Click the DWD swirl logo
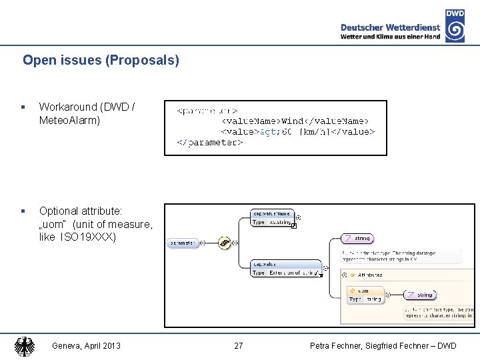tap(455, 31)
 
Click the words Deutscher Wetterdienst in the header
tap(390, 27)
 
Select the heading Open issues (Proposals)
tap(101, 60)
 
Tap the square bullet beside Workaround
tap(23, 107)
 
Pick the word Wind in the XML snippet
tap(293, 121)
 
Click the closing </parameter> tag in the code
tap(209, 142)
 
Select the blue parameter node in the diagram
tap(182, 243)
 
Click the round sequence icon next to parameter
tap(225, 243)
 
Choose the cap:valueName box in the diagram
tap(272, 217)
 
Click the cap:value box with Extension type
tap(285, 268)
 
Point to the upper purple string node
tap(357, 238)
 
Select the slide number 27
tap(239, 346)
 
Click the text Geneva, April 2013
tap(87, 346)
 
